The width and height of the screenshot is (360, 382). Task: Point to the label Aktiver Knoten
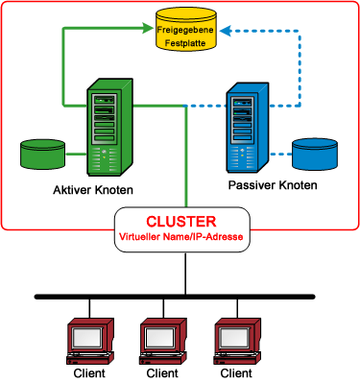94,190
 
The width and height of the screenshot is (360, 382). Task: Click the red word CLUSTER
181,221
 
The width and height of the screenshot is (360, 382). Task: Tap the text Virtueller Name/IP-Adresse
182,236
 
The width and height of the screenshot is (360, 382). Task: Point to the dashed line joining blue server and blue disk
279,154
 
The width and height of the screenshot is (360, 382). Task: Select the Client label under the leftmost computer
89,372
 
